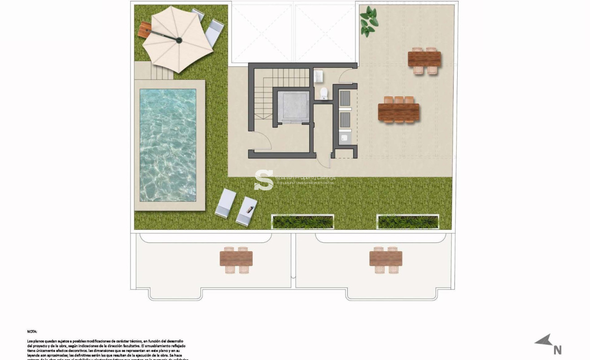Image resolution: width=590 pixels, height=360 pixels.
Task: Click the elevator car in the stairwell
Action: [x=293, y=106]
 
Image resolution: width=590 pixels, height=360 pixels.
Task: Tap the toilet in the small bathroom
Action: [x=323, y=93]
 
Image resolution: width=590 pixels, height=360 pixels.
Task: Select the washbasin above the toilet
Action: [x=318, y=77]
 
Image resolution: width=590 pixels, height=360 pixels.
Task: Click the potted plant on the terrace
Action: [x=369, y=21]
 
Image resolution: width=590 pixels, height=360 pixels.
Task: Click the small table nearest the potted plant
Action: [x=424, y=60]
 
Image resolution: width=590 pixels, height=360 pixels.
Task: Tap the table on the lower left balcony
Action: [x=236, y=259]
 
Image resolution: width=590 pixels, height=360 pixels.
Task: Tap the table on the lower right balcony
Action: [x=386, y=259]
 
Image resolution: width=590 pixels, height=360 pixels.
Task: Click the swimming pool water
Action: [x=168, y=145]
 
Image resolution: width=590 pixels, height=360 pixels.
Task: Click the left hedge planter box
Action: [x=302, y=221]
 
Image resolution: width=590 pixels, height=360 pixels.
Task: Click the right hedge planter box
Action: [x=407, y=221]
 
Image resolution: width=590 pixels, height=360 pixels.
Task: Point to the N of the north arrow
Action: [x=557, y=350]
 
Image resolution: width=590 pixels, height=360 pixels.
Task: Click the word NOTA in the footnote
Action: [x=32, y=332]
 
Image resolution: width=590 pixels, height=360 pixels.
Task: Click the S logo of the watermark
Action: [x=264, y=180]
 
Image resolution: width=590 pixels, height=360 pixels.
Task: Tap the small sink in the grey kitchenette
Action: [x=345, y=138]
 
